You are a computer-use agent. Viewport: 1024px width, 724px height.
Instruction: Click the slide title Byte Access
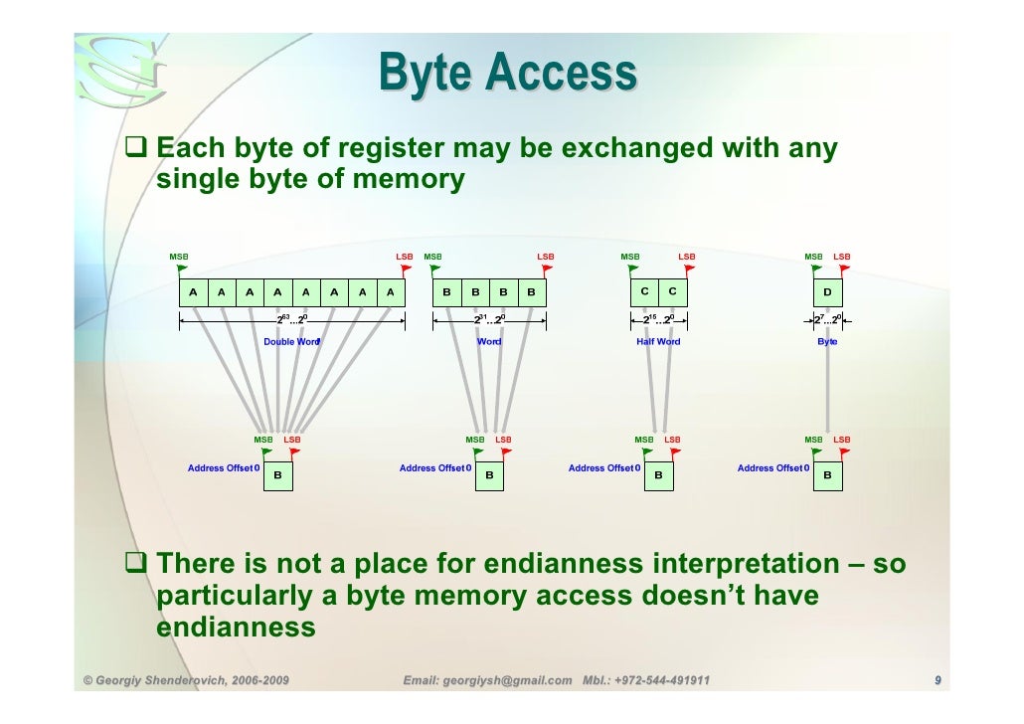pos(507,73)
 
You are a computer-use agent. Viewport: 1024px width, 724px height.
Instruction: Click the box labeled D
pos(827,292)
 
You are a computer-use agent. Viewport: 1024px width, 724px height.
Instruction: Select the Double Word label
pos(291,342)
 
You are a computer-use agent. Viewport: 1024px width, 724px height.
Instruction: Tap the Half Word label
pos(658,342)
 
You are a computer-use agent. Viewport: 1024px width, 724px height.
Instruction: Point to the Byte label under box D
pos(827,342)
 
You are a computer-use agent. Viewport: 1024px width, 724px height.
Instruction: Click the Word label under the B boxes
pos(489,342)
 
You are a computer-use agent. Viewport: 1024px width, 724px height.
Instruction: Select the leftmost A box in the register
pos(193,292)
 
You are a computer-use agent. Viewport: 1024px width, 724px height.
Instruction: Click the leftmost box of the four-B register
pos(447,292)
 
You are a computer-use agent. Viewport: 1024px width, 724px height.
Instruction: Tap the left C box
pos(644,291)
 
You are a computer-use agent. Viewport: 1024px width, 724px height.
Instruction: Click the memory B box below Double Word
pos(278,477)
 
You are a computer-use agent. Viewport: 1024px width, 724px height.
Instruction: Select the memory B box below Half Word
pos(658,477)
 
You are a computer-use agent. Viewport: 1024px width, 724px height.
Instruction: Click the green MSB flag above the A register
pos(182,269)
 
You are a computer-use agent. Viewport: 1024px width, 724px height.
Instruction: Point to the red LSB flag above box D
pos(845,269)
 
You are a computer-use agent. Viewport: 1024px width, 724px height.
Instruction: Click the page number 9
pos(937,681)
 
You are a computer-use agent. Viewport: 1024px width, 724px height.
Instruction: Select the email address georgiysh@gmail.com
pos(487,681)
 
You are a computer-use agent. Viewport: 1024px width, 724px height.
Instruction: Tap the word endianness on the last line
pos(236,629)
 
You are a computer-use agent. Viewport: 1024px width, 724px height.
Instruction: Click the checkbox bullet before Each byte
pos(136,150)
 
